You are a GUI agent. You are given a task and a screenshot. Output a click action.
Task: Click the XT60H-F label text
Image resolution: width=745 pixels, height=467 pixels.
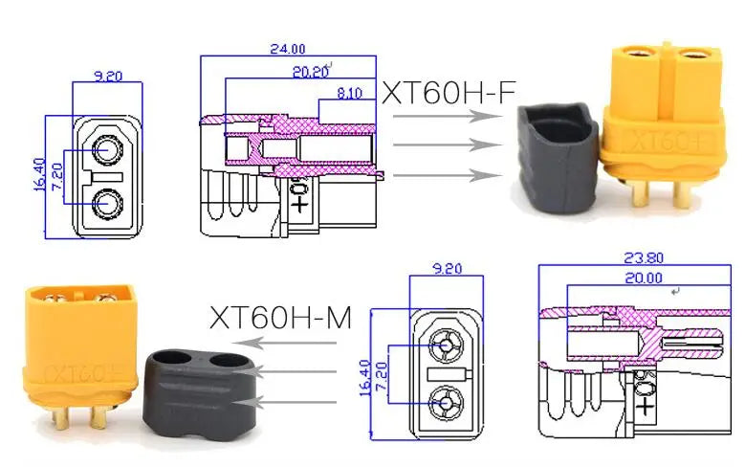click(449, 93)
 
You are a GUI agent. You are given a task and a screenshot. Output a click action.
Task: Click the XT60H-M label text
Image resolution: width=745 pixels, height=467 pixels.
click(277, 317)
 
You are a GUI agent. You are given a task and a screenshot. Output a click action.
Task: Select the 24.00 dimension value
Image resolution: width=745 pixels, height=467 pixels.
click(286, 48)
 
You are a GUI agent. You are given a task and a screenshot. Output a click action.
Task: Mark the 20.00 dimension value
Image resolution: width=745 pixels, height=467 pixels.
click(643, 278)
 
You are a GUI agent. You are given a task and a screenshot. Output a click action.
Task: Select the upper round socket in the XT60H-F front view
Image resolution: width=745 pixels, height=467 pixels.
click(108, 151)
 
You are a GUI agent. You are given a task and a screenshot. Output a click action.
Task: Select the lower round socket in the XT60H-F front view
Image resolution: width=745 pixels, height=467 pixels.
click(108, 204)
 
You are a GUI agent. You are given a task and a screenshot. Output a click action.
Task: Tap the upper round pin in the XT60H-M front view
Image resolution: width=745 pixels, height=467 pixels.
click(445, 345)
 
